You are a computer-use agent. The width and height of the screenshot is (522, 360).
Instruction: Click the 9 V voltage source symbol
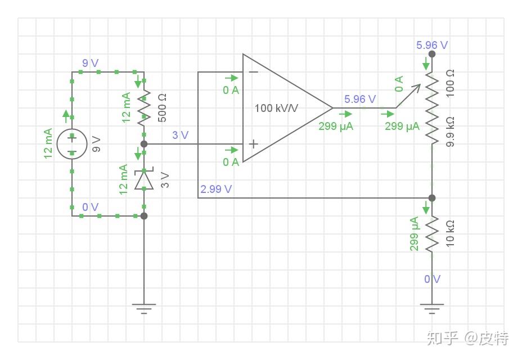[72, 144]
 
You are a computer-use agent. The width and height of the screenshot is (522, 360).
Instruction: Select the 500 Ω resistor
[144, 108]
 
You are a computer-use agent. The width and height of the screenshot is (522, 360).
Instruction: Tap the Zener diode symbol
[144, 180]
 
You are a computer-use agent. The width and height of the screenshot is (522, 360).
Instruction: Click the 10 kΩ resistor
[432, 234]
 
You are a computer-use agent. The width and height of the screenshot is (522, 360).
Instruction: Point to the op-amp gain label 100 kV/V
[276, 108]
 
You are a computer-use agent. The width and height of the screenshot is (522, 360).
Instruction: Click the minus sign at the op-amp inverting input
[254, 72]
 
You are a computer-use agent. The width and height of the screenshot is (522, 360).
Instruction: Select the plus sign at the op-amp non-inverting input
[254, 144]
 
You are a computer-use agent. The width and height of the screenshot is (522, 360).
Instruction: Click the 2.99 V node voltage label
[216, 189]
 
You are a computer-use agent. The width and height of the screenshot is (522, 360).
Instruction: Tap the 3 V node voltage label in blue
[180, 135]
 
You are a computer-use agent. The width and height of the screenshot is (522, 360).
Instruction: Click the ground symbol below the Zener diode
[144, 309]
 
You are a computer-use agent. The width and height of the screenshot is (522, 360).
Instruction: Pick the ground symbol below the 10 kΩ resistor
[432, 309]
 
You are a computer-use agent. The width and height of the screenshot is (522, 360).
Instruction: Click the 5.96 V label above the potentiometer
[432, 45]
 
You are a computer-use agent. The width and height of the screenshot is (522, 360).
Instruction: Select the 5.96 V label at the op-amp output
[360, 99]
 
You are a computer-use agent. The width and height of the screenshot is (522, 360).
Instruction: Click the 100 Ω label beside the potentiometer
[450, 83]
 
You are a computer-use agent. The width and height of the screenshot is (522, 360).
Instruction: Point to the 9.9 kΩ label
[450, 132]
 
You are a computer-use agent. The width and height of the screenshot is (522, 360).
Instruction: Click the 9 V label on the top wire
[90, 63]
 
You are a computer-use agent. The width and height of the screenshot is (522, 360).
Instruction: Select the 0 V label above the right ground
[432, 279]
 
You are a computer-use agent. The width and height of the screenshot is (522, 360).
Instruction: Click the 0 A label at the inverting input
[231, 90]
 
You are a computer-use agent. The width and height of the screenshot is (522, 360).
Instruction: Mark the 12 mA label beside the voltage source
[48, 143]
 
